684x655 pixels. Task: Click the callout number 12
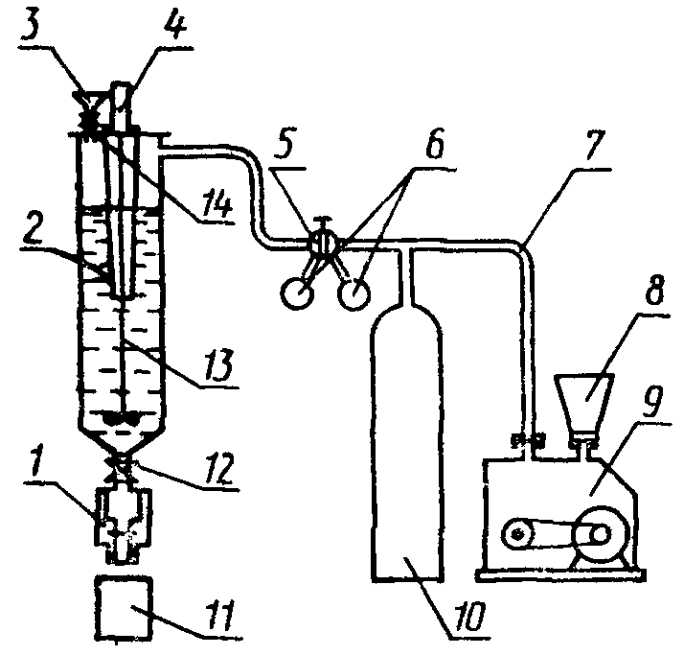tap(220, 468)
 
